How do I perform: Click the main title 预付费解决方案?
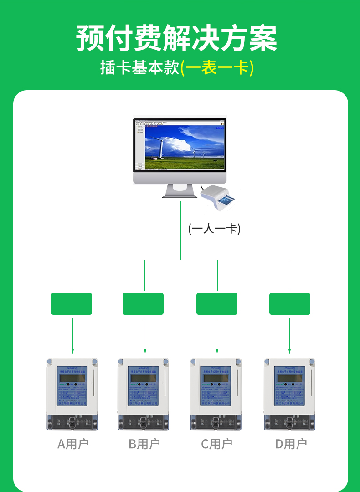click(177, 38)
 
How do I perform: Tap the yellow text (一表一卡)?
click(217, 68)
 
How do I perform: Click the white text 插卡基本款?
click(139, 68)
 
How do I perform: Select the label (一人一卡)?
click(214, 228)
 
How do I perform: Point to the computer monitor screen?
click(180, 145)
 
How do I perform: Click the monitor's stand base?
click(180, 195)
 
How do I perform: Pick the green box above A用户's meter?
click(72, 304)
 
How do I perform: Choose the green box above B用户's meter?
click(143, 304)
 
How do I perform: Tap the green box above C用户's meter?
click(217, 304)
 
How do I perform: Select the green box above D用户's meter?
click(290, 304)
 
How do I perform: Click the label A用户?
click(73, 444)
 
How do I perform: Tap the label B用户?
click(144, 444)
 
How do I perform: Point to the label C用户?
click(217, 444)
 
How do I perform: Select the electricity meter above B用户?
click(143, 394)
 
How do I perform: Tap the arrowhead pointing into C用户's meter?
click(217, 351)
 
